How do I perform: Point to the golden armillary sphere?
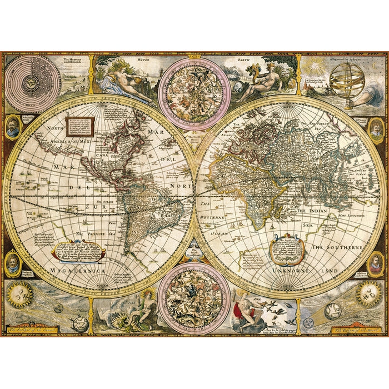click(346, 81)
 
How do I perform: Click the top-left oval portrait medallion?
click(13, 126)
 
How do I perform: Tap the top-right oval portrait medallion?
click(376, 128)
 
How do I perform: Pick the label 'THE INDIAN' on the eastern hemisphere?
click(312, 211)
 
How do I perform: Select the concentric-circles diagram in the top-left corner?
click(33, 83)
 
